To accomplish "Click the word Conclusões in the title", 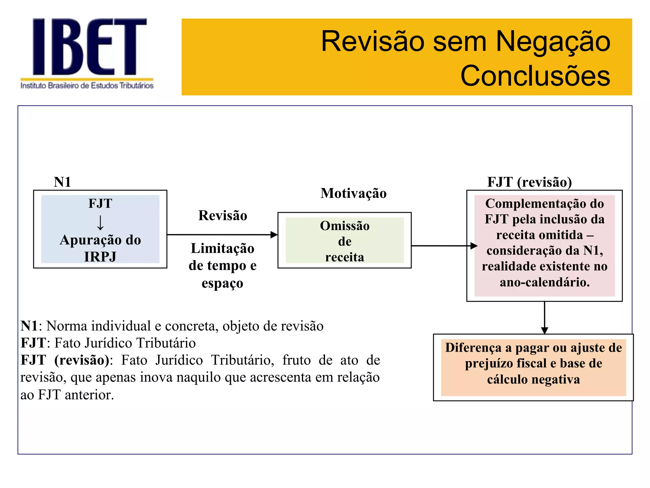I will (x=535, y=76).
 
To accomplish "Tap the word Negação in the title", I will (x=553, y=41).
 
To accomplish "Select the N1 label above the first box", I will (x=62, y=182).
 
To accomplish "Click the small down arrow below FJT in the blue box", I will (x=100, y=222).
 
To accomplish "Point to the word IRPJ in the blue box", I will (x=100, y=257).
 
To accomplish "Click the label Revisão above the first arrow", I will (x=222, y=215).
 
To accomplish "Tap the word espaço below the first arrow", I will (x=222, y=283).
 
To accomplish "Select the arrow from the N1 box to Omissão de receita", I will (x=222, y=235).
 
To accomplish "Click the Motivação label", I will (x=353, y=193).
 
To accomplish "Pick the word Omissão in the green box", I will (x=345, y=226).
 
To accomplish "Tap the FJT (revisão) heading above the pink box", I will (x=529, y=182).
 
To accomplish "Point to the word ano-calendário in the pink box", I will (x=545, y=282).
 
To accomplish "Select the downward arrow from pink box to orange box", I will (x=545, y=318).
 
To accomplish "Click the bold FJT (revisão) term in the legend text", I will (x=65, y=360).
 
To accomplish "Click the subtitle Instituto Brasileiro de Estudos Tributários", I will (x=87, y=85).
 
